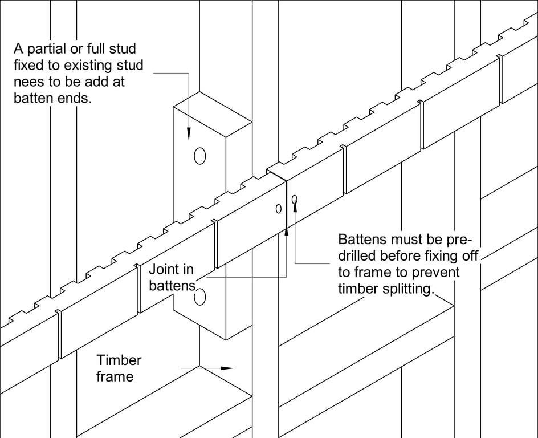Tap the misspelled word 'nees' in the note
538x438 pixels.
tap(29, 82)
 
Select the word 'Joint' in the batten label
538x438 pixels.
tap(164, 269)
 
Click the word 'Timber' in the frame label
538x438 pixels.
tap(119, 360)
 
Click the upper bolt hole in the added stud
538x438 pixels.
tap(199, 155)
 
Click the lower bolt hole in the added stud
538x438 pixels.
tap(199, 297)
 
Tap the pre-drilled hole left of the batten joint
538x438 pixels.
tap(278, 209)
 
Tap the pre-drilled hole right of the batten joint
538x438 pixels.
tap(294, 199)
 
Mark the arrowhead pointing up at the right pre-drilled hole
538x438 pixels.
tap(295, 206)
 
